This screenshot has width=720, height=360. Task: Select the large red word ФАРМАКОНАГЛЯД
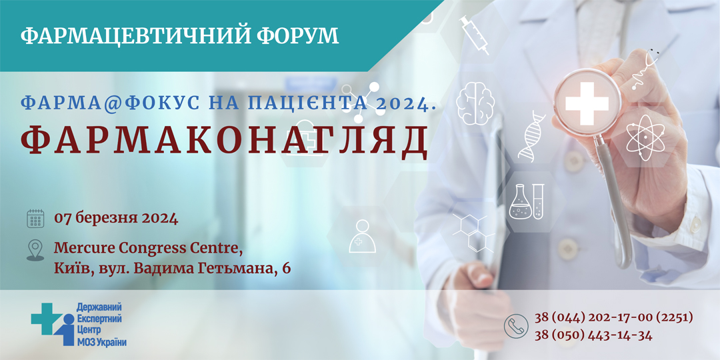pyautogui.click(x=223, y=141)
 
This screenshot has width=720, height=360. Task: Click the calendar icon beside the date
pyautogui.click(x=35, y=219)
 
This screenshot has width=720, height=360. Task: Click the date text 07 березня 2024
pyautogui.click(x=116, y=217)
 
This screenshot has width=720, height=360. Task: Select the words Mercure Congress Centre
pyautogui.click(x=148, y=249)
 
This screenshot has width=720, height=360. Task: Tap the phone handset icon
pyautogui.click(x=516, y=326)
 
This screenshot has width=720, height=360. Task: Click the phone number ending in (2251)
pyautogui.click(x=613, y=317)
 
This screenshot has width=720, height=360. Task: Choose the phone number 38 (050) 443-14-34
pyautogui.click(x=593, y=335)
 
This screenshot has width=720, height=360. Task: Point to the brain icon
pyautogui.click(x=475, y=103)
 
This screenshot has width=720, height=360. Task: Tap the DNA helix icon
pyautogui.click(x=532, y=135)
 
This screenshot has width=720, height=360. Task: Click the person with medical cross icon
pyautogui.click(x=362, y=236)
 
